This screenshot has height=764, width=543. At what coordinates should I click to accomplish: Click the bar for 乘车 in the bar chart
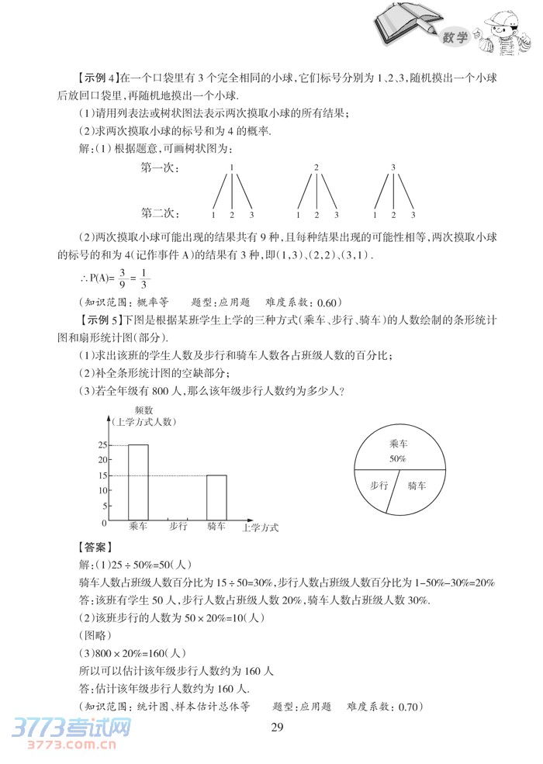point(138,482)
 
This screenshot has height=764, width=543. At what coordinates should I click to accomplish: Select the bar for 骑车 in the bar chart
point(216,497)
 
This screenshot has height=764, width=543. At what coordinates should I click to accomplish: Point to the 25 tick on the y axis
point(102,445)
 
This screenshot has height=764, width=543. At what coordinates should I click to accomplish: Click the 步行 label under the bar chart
point(178,527)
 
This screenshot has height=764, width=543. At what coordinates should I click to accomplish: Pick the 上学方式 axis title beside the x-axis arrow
point(260,528)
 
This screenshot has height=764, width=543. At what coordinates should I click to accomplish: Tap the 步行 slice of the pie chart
point(379,486)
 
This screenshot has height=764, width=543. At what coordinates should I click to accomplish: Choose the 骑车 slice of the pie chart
point(417,486)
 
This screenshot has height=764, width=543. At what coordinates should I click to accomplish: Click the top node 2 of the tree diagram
point(316,167)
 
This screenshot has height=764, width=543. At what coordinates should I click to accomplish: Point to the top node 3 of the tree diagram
point(393,167)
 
